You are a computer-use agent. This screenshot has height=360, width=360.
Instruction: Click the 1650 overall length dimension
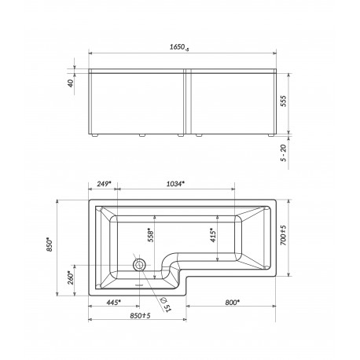coord(179,47)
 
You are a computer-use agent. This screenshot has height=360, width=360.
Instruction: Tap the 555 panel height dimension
coord(284,101)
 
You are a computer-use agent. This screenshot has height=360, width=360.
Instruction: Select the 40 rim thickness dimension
coord(71,83)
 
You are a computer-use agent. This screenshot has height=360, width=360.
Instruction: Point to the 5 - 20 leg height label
coord(284,153)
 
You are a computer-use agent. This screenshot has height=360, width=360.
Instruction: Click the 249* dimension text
coord(104,184)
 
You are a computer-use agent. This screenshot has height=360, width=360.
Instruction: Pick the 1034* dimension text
coord(175,184)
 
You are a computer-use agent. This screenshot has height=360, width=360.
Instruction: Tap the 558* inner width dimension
coord(151,236)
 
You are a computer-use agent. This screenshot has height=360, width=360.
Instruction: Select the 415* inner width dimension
coord(213,236)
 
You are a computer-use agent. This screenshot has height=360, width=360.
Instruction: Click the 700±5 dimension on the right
coord(284,235)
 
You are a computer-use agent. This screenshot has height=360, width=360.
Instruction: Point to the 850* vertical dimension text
coord(50,244)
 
